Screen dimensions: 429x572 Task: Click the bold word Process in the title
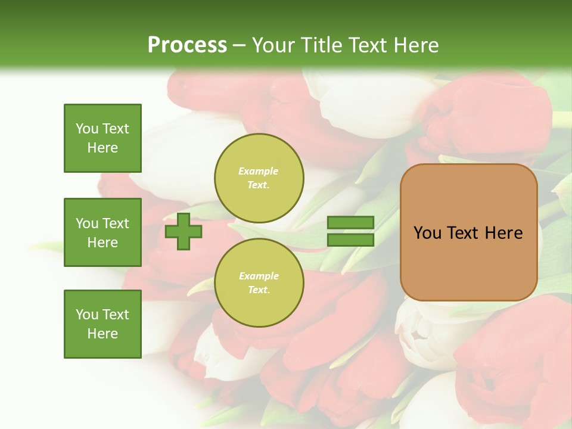point(187,45)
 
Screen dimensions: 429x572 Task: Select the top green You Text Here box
point(102,138)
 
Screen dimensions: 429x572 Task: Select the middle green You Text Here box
point(102,232)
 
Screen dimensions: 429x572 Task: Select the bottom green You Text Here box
point(102,324)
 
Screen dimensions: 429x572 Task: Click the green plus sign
point(184,231)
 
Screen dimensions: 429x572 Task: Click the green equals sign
point(350,231)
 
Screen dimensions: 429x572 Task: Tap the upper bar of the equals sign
point(350,223)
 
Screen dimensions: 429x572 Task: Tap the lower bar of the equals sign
point(350,240)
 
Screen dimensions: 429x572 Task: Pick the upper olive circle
point(259,178)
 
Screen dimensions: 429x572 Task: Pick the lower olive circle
point(259,283)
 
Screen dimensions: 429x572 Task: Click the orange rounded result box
point(468,232)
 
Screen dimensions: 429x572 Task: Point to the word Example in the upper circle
point(259,171)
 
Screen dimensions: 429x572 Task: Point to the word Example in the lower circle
point(259,276)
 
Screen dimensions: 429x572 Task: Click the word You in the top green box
point(87,129)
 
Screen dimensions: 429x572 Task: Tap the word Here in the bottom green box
point(102,334)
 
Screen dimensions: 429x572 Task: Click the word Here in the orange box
point(503,233)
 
